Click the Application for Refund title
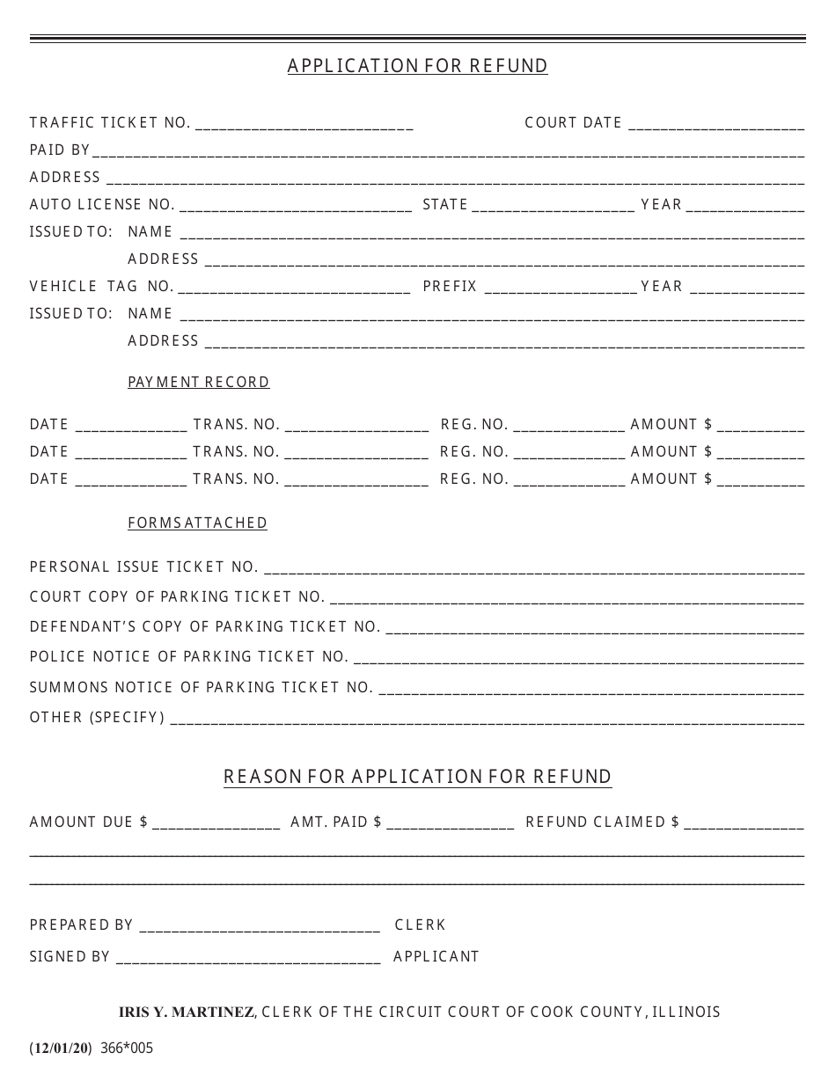(x=417, y=66)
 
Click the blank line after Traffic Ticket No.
(x=304, y=125)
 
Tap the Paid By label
(x=59, y=150)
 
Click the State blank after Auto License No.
(x=554, y=207)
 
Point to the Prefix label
(x=450, y=287)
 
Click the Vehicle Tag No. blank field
(x=293, y=289)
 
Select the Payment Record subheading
(x=199, y=382)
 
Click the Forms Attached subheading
(x=198, y=523)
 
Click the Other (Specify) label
(x=97, y=718)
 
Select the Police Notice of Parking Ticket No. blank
(x=578, y=659)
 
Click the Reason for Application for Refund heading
(x=417, y=777)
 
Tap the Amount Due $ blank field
(x=216, y=824)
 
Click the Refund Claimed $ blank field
(x=744, y=824)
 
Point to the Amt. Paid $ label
(x=336, y=822)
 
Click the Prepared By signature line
(x=260, y=927)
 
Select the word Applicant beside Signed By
(x=436, y=957)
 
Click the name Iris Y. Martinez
(x=187, y=1013)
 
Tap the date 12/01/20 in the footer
(x=61, y=1049)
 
